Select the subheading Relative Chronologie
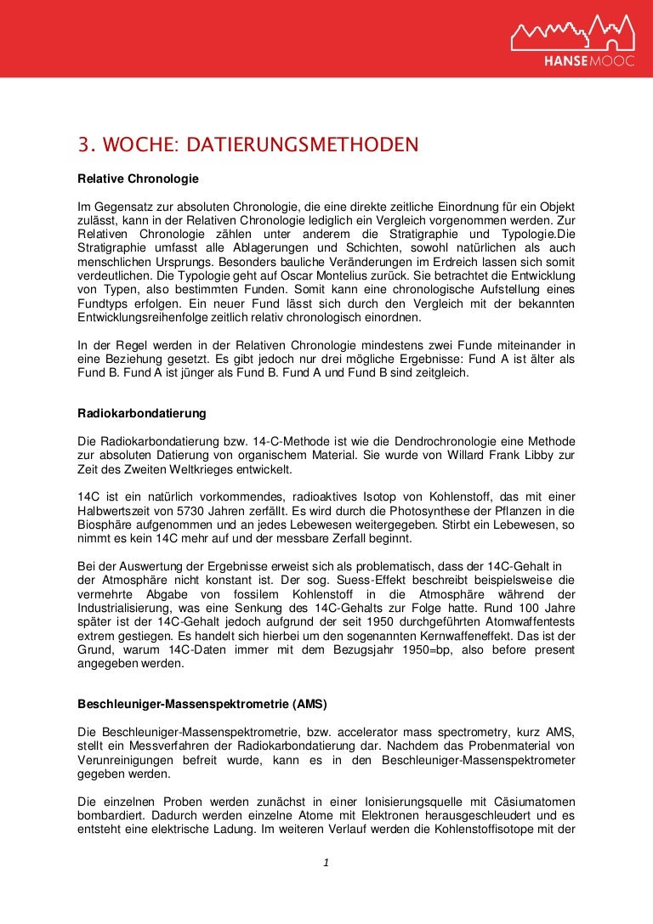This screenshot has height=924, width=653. tap(138, 179)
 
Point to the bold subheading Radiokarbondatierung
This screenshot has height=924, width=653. tap(142, 413)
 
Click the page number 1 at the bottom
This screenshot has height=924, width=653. tap(326, 864)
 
